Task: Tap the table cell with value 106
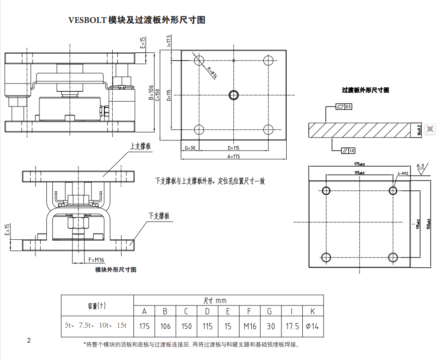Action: pyautogui.click(x=165, y=326)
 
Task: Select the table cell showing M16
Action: pyautogui.click(x=249, y=326)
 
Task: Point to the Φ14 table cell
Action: pyautogui.click(x=312, y=326)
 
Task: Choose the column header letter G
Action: pyautogui.click(x=270, y=312)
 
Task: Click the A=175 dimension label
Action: pyautogui.click(x=233, y=156)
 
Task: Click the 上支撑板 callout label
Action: pyautogui.click(x=141, y=147)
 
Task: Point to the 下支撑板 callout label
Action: pyautogui.click(x=159, y=215)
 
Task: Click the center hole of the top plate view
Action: pyautogui.click(x=234, y=95)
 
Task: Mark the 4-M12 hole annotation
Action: pyautogui.click(x=403, y=174)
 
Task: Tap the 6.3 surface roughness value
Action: pyautogui.click(x=420, y=166)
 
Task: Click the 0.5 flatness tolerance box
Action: pyautogui.click(x=348, y=106)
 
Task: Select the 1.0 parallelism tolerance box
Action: pyautogui.click(x=351, y=151)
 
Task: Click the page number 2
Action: pyautogui.click(x=29, y=340)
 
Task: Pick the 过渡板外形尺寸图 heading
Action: pyautogui.click(x=365, y=90)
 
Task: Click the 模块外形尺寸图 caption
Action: pyautogui.click(x=116, y=270)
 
